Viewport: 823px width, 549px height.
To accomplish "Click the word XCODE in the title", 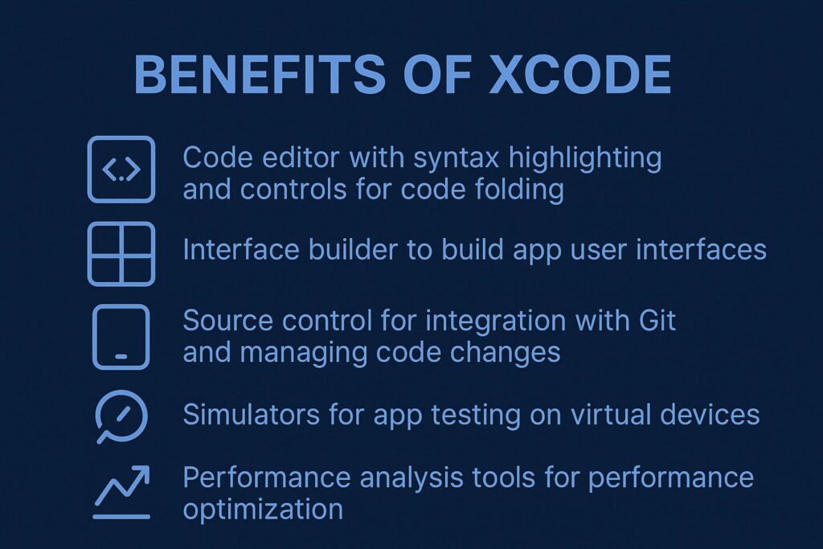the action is click(580, 74).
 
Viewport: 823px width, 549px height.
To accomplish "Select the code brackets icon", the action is click(121, 170).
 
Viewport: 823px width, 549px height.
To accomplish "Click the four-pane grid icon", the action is click(121, 254).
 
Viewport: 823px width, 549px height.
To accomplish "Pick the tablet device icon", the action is click(121, 337).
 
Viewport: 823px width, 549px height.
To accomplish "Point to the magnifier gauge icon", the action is click(122, 416).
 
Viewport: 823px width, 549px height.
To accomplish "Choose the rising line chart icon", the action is click(122, 492).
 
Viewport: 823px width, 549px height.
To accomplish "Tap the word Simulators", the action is click(252, 415).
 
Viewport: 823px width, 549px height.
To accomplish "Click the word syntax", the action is click(457, 158).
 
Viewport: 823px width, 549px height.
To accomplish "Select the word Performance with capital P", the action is click(267, 478).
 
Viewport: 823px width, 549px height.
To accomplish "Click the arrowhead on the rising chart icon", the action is click(141, 473).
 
